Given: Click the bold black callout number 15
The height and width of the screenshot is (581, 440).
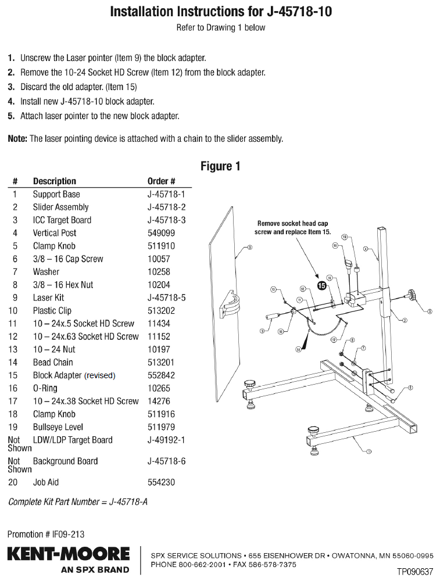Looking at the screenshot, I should [x=321, y=285].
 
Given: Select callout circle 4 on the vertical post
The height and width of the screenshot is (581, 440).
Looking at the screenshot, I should [x=366, y=249].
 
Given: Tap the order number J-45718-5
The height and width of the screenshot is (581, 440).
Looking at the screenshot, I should [x=166, y=297].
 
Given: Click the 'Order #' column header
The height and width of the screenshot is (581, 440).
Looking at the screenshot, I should [x=161, y=181].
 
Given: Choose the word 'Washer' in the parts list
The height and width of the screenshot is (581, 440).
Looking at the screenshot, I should [x=46, y=272].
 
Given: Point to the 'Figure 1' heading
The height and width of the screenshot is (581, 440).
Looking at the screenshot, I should [x=220, y=166].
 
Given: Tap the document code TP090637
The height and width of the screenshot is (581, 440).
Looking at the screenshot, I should [x=415, y=572].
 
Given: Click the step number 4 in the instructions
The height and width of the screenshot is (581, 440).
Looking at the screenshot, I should [x=11, y=101].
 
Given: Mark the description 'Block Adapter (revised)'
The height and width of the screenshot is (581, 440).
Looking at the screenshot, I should [x=74, y=375].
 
